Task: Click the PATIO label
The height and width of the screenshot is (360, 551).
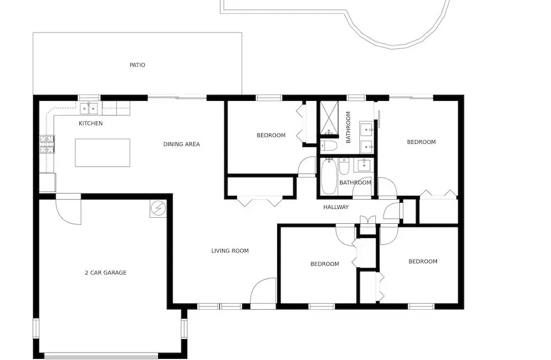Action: click(137, 65)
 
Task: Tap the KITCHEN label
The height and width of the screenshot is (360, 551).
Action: click(91, 123)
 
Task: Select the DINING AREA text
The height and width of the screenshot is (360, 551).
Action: click(181, 144)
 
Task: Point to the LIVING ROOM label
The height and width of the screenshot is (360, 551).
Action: click(230, 251)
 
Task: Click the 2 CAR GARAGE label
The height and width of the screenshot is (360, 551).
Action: click(105, 272)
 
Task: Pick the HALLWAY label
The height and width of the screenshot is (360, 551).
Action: click(336, 207)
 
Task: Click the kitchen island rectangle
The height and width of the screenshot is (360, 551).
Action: click(102, 153)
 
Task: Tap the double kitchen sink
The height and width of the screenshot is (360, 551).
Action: click(89, 109)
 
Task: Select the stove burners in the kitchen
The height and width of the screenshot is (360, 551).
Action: click(47, 144)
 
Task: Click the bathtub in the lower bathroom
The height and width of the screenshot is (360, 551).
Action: click(328, 177)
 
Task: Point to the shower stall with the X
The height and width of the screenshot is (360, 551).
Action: click(329, 117)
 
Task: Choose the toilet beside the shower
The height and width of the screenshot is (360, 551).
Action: click(328, 146)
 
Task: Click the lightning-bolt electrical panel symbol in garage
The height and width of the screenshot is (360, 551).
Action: click(158, 209)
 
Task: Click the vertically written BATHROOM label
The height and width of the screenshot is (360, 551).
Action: click(348, 127)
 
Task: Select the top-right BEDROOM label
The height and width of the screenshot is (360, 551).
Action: click(421, 142)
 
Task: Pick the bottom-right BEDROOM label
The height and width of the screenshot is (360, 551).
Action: click(423, 261)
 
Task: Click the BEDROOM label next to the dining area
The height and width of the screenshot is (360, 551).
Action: click(271, 136)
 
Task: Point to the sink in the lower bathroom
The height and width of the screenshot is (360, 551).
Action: click(364, 165)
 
